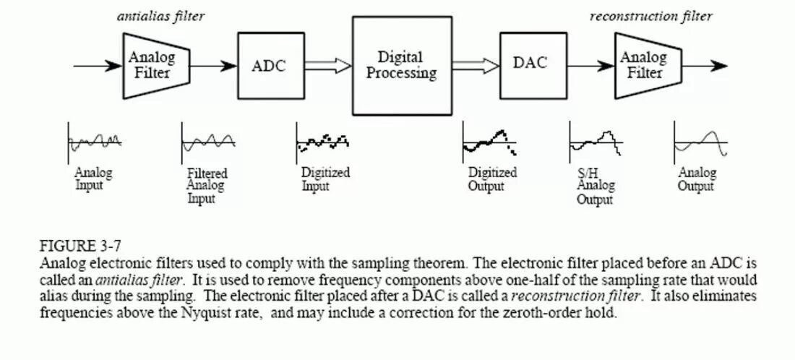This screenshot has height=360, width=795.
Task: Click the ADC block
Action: pyautogui.click(x=268, y=66)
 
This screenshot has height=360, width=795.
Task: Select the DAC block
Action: pyautogui.click(x=530, y=64)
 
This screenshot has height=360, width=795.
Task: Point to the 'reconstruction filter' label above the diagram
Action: pyautogui.click(x=650, y=17)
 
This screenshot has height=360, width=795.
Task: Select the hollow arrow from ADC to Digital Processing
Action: pyautogui.click(x=327, y=66)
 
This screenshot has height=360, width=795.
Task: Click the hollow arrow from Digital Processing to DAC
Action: pyautogui.click(x=477, y=66)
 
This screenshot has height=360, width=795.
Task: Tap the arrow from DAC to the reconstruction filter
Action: pyautogui.click(x=586, y=66)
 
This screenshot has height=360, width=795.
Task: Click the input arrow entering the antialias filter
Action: pyautogui.click(x=98, y=66)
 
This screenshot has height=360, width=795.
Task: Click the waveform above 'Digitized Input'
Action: pyautogui.click(x=322, y=140)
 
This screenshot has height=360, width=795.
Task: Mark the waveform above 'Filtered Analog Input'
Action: pyautogui.click(x=208, y=140)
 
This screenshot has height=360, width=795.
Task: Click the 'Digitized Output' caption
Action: pyautogui.click(x=492, y=179)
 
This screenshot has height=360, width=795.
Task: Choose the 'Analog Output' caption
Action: pyautogui.click(x=697, y=179)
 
